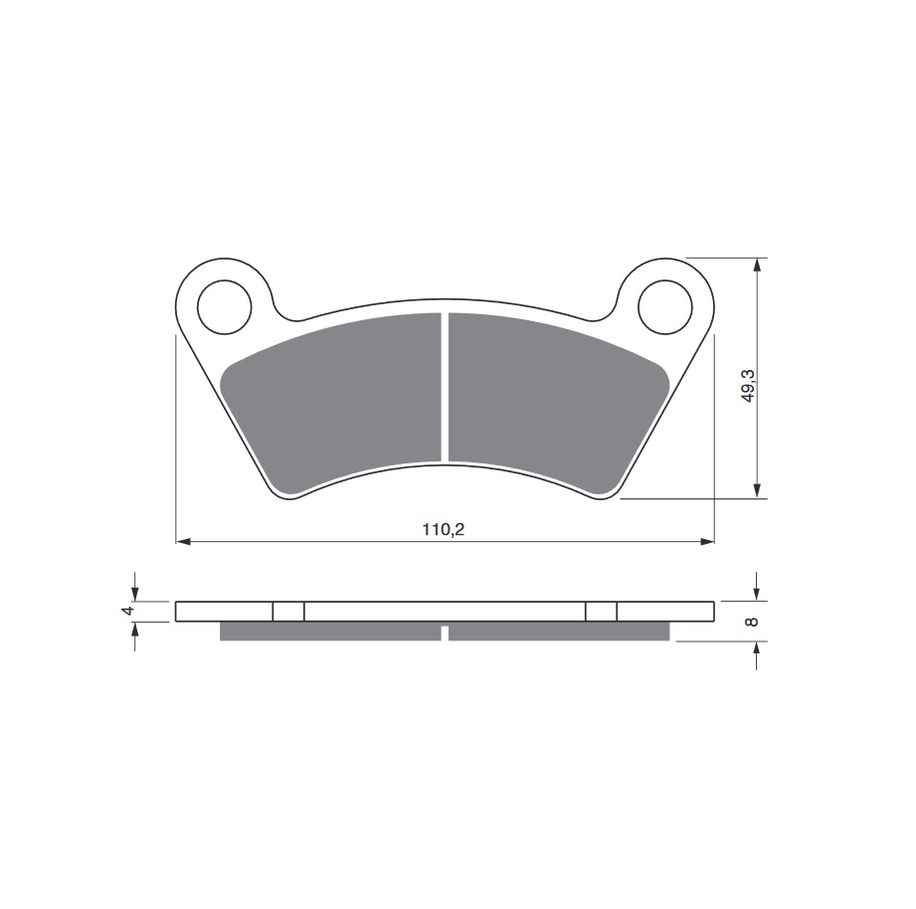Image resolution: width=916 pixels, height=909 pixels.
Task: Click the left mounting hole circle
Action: point(225,305)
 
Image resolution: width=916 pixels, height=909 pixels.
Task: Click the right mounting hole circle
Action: point(664,305)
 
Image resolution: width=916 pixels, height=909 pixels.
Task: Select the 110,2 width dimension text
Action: point(444,530)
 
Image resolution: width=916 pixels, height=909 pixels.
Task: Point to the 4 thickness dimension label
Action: point(126,611)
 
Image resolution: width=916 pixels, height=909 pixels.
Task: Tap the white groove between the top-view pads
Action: point(445,388)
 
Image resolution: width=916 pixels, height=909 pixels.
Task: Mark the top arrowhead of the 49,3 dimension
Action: point(759,266)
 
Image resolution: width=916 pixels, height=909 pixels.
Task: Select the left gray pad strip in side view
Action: point(328,632)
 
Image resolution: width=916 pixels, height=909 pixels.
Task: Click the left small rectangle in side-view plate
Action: point(288,612)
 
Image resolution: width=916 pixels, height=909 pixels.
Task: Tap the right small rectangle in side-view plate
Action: point(601,612)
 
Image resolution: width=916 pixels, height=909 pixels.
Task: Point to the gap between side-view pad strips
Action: point(445,632)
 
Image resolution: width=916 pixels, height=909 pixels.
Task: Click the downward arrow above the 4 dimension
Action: point(135,593)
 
